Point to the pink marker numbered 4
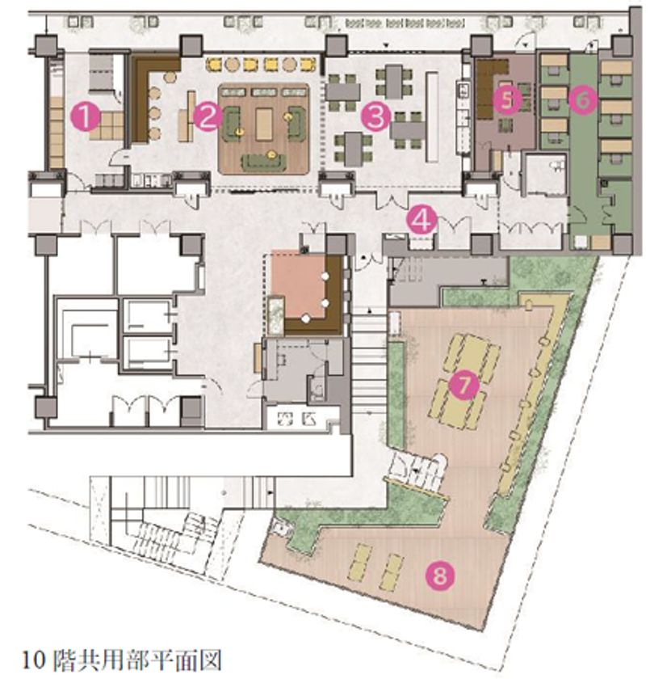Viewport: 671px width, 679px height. point(421,219)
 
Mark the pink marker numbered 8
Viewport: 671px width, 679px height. point(441,576)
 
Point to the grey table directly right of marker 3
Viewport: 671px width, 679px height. point(409,127)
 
